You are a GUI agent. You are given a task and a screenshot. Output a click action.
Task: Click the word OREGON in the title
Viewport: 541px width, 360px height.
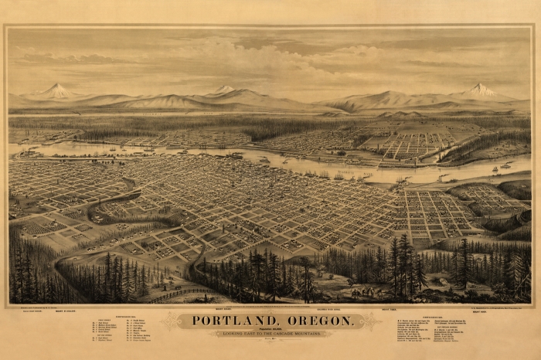pyautogui.click(x=318, y=321)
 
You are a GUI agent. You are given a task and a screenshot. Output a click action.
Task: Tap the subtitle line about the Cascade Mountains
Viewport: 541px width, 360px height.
pyautogui.click(x=270, y=334)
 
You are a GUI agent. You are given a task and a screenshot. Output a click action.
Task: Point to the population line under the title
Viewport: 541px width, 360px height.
pyautogui.click(x=270, y=328)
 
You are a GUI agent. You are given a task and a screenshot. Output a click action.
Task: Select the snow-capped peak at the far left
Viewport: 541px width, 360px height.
pyautogui.click(x=56, y=90)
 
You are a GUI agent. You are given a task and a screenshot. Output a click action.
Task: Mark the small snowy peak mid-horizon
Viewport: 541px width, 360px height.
pyautogui.click(x=224, y=90)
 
